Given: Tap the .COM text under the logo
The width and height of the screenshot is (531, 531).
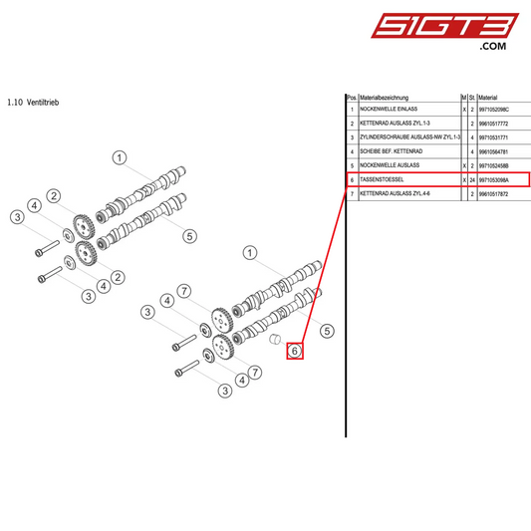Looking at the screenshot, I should coord(492,46).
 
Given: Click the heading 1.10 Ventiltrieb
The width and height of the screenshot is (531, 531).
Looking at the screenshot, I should coord(36,102).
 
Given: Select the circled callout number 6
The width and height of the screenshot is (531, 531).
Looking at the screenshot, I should coord(295,351).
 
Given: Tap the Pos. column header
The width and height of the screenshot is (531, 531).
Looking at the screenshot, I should coord(351,97).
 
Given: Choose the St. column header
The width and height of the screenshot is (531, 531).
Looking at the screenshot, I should coord(471,97).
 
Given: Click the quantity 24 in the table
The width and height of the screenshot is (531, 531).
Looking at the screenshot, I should coord(471,179).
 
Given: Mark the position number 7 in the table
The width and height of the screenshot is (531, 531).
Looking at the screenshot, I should coord(352,197).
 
